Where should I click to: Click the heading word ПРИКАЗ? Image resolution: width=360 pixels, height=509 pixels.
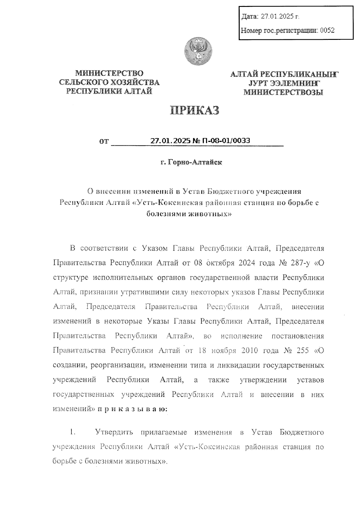pyautogui.click(x=195, y=110)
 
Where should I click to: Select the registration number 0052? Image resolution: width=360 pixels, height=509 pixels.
pyautogui.click(x=327, y=30)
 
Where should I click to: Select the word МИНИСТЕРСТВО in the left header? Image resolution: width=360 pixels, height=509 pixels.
pyautogui.click(x=109, y=73)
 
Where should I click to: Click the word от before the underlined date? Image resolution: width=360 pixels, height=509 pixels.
pyautogui.click(x=103, y=141)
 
